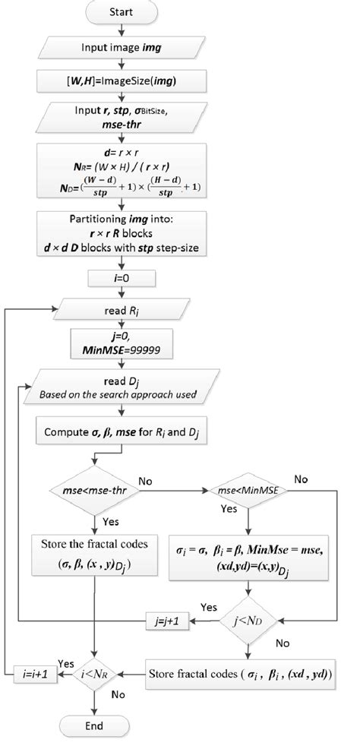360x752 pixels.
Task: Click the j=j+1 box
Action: (166, 621)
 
